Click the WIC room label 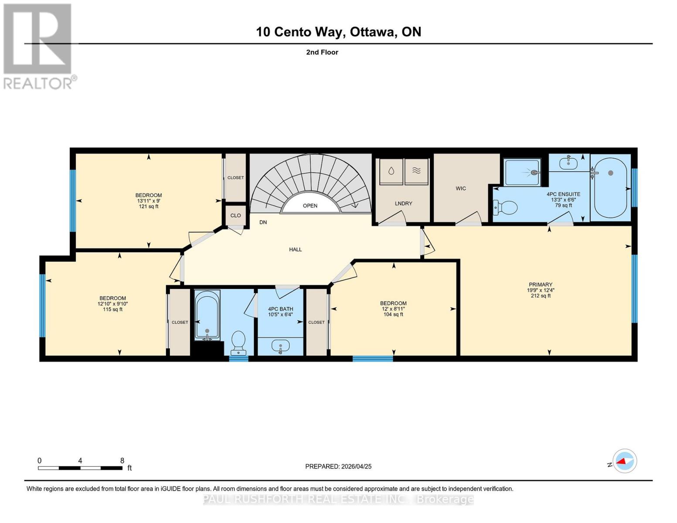pyautogui.click(x=460, y=188)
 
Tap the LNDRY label pyautogui.click(x=404, y=204)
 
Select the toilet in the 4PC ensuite pyautogui.click(x=505, y=207)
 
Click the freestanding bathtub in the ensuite pyautogui.click(x=610, y=188)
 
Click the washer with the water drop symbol pyautogui.click(x=391, y=172)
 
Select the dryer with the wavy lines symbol pyautogui.click(x=417, y=172)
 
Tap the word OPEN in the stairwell pyautogui.click(x=310, y=206)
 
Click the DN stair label pyautogui.click(x=263, y=222)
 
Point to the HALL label pyautogui.click(x=296, y=249)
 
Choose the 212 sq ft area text pyautogui.click(x=541, y=295)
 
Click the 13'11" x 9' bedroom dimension pyautogui.click(x=149, y=201)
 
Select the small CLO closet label pyautogui.click(x=235, y=216)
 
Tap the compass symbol pyautogui.click(x=625, y=461)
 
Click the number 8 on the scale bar pyautogui.click(x=122, y=461)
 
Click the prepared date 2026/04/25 pyautogui.click(x=357, y=467)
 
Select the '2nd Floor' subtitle pyautogui.click(x=322, y=52)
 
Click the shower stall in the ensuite pyautogui.click(x=522, y=172)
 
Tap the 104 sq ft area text pyautogui.click(x=393, y=315)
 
